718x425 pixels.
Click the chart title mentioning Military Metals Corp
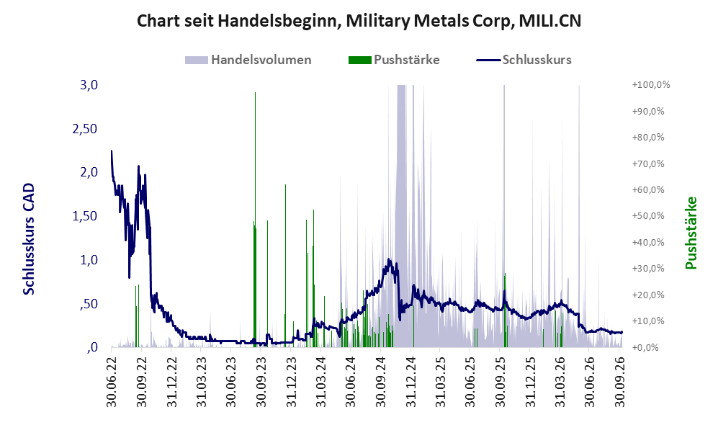click(359, 21)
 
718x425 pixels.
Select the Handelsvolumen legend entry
click(248, 60)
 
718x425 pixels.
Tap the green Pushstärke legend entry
click(394, 60)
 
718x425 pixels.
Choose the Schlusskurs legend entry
click(524, 60)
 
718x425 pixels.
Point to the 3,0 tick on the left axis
click(89, 85)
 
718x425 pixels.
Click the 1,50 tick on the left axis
click(85, 215)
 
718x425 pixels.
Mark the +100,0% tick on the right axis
click(651, 85)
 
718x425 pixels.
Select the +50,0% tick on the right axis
click(648, 215)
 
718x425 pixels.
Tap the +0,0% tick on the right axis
click(646, 347)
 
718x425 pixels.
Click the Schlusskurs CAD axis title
click(29, 238)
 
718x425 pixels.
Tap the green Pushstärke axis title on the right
click(691, 233)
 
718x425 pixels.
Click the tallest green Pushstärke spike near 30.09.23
click(255, 219)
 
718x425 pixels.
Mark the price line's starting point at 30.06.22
click(112, 151)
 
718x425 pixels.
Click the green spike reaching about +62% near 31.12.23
click(285, 266)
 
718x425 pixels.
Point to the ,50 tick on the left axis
click(89, 304)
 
